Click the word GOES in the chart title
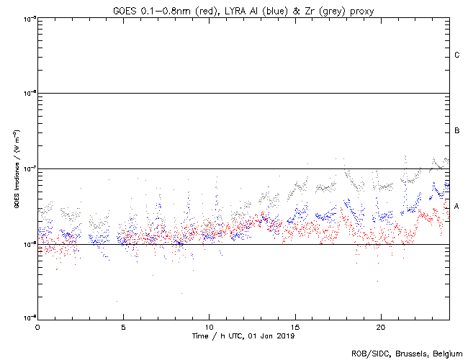(x=125, y=9)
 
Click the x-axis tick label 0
(x=37, y=326)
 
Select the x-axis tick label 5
(x=123, y=326)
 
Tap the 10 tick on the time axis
(x=209, y=326)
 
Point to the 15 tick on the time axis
(x=294, y=326)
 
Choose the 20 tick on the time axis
(x=380, y=326)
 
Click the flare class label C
(x=457, y=55)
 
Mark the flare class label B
(x=457, y=131)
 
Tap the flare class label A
(x=457, y=207)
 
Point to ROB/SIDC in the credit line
(x=368, y=354)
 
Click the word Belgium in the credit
(x=445, y=354)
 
